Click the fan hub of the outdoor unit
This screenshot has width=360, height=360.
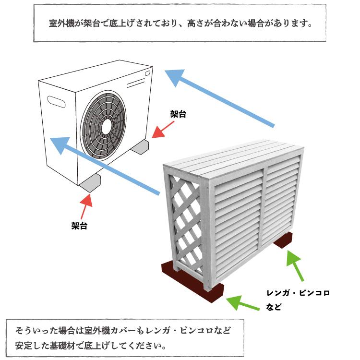click(x=107, y=125)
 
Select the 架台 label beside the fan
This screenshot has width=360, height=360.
click(x=178, y=114)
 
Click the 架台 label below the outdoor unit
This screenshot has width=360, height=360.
click(x=79, y=224)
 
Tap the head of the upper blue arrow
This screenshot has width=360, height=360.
click(x=175, y=77)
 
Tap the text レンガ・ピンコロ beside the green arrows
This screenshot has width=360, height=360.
click(x=298, y=292)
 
